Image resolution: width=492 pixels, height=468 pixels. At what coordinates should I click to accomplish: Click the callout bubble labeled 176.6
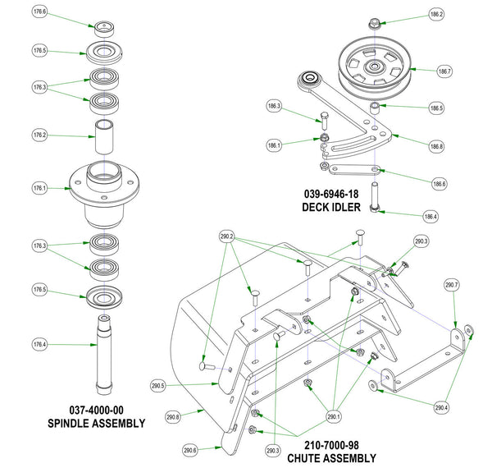tap(39, 12)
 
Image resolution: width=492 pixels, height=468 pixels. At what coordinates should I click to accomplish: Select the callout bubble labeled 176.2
tap(39, 134)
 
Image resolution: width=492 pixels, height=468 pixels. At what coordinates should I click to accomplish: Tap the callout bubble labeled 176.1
tap(39, 188)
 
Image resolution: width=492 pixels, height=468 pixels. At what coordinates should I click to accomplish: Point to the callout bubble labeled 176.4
tap(39, 344)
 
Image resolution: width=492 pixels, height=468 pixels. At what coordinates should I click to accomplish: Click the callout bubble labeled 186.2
tap(436, 15)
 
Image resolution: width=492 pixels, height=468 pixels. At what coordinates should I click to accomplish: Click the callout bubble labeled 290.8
tap(172, 416)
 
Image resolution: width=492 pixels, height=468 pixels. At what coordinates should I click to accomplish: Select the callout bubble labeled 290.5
tap(159, 385)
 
